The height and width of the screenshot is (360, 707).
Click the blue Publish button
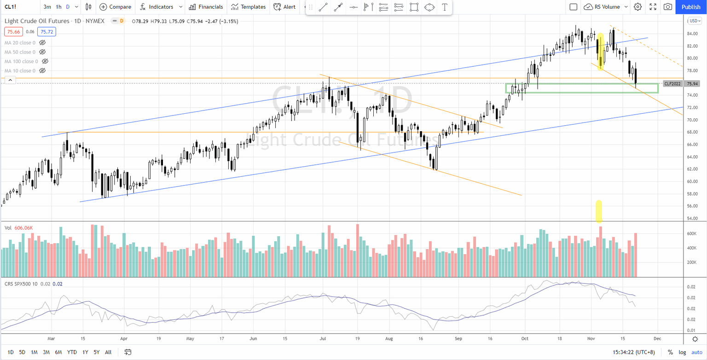691,7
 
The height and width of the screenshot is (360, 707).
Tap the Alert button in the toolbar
284,7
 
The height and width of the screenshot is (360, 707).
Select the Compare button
116,7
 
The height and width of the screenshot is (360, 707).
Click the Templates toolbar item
249,7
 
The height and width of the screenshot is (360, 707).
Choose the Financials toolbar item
207,7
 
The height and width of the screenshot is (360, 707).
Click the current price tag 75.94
693,84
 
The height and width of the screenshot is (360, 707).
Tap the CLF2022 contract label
672,84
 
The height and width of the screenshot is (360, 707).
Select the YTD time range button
72,352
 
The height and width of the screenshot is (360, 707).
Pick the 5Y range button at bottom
96,352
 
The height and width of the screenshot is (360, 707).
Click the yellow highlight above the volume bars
599,210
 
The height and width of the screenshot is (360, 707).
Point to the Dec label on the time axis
657,338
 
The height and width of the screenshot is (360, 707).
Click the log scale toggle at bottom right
683,352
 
